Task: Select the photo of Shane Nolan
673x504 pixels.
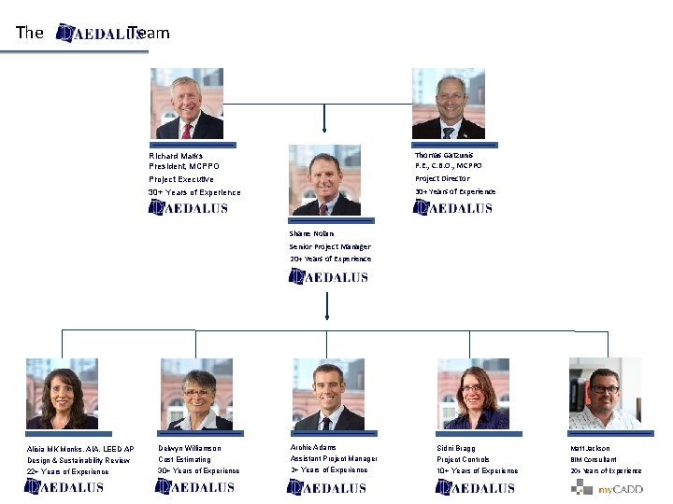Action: [325, 180]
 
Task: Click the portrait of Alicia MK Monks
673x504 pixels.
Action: [62, 393]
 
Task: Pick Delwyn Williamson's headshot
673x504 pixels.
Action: [196, 393]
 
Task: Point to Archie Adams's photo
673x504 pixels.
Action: [326, 393]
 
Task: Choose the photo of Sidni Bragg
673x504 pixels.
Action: [473, 393]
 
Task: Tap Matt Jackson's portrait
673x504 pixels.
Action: [605, 393]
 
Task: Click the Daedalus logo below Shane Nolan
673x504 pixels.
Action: [328, 276]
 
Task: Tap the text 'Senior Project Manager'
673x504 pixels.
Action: [330, 247]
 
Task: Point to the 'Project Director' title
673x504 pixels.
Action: [442, 178]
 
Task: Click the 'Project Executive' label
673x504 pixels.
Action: [181, 179]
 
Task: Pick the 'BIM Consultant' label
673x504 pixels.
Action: [595, 459]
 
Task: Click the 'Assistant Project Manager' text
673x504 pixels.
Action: [334, 458]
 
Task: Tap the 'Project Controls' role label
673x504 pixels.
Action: [463, 459]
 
